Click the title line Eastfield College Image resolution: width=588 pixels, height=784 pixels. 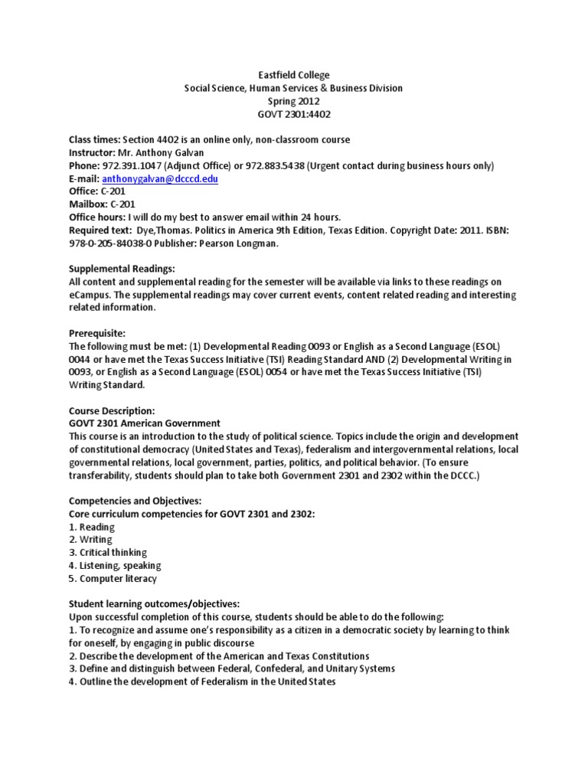293,75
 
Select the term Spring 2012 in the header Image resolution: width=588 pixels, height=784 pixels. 293,101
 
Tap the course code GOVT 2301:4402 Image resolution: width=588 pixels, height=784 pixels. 293,114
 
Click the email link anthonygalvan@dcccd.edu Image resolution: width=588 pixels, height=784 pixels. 155,178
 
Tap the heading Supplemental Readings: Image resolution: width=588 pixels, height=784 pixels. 122,269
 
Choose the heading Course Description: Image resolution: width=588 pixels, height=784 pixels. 112,410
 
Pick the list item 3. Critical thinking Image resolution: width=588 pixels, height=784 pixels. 108,552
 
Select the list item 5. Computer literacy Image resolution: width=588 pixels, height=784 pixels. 113,578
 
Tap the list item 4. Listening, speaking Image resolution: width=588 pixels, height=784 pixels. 115,565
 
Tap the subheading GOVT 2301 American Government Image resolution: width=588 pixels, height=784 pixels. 145,423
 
